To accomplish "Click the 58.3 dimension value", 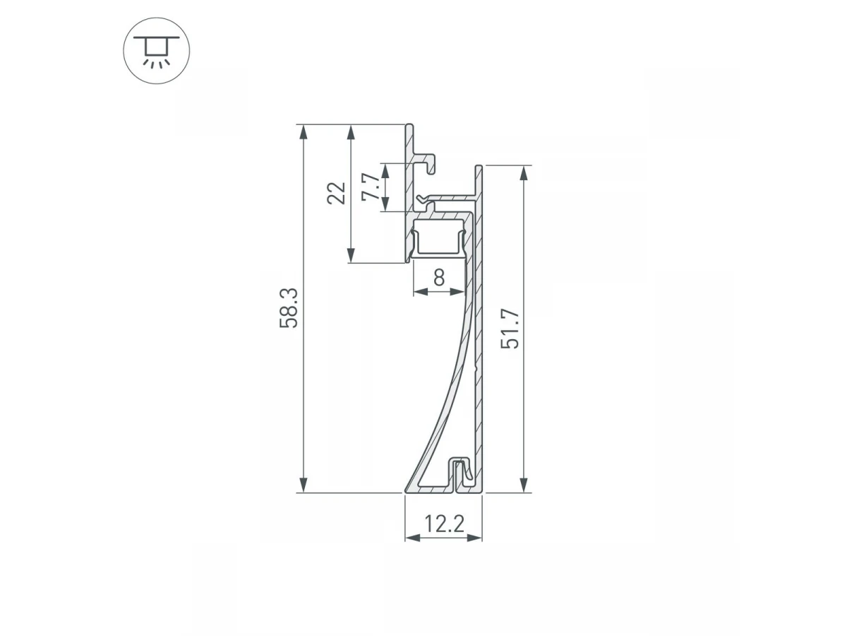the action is pos(289,308).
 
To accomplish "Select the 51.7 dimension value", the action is pos(510,329).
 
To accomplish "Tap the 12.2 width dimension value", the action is pos(444,524).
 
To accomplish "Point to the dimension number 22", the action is pos(336,193).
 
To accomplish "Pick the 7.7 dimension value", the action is pos(371,187).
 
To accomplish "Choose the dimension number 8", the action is pos(439,277).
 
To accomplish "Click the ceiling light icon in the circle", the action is pos(156,52).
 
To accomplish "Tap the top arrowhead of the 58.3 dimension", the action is pos(304,131).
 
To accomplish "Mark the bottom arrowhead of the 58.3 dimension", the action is pos(304,485).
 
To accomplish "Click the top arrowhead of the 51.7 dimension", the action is pos(524,172).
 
